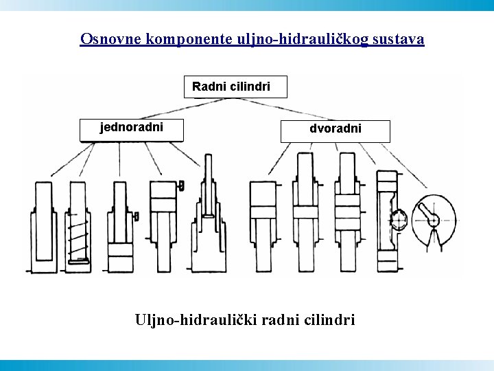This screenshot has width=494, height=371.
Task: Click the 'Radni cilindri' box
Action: point(235,87)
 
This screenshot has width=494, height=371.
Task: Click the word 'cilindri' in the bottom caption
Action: point(331,319)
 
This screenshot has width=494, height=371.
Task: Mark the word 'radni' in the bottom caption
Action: point(281,319)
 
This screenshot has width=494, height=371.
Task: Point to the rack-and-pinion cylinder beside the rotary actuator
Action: point(390,220)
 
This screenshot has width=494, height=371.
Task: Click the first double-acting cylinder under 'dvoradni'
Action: point(262,223)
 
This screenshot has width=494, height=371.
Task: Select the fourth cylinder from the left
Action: point(163,223)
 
